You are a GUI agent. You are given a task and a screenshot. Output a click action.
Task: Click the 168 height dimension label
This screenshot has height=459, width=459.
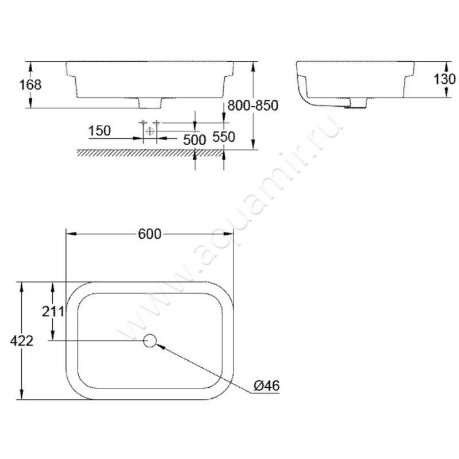[x=30, y=84]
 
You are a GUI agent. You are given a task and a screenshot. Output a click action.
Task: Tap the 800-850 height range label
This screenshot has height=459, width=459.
[x=252, y=106]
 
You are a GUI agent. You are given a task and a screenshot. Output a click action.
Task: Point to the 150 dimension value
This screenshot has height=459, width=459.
[x=99, y=131]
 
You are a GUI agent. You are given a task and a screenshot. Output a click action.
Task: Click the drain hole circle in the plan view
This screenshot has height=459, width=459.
[x=150, y=341]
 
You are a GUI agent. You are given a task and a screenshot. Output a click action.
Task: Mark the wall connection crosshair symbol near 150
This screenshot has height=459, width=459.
[x=150, y=130]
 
